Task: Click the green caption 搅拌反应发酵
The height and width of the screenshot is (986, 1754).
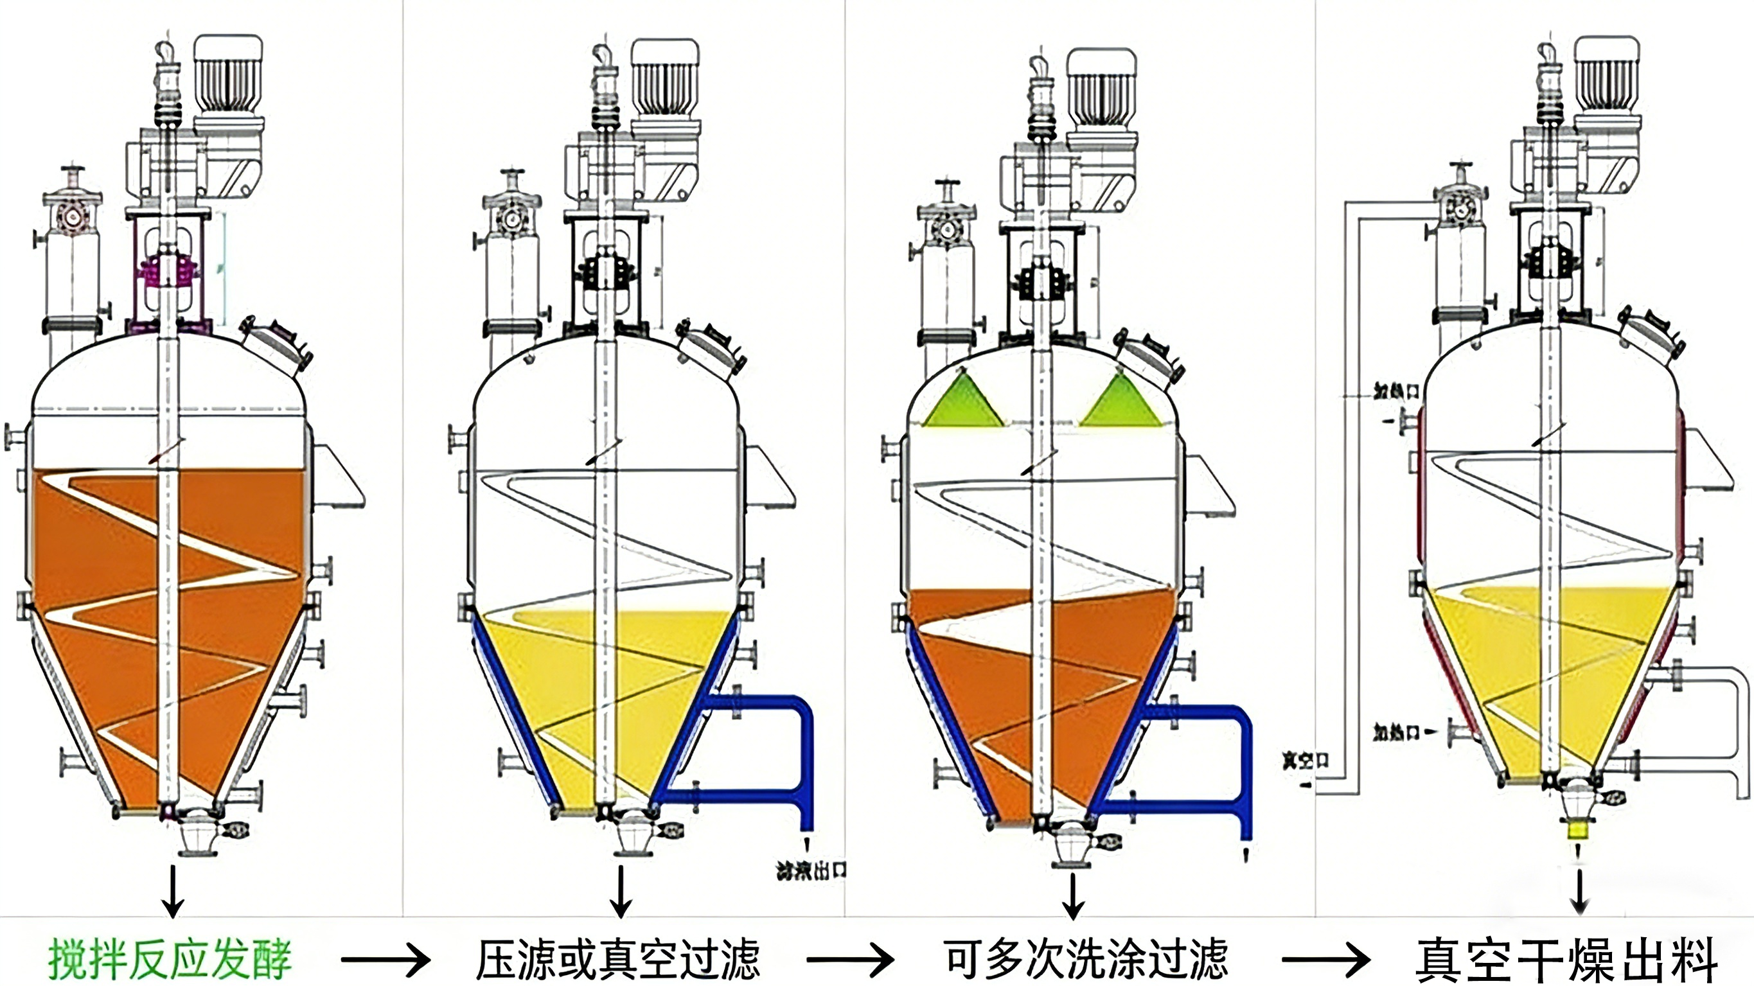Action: coord(170,960)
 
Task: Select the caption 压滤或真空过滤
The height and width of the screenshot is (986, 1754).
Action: coord(617,960)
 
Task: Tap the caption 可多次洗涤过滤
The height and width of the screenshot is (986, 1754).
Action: coord(1086,960)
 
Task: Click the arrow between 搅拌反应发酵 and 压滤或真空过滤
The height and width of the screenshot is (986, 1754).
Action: coord(385,960)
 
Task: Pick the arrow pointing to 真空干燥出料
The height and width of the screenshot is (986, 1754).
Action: coord(1325,960)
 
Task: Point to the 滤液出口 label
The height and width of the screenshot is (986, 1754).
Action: coord(811,870)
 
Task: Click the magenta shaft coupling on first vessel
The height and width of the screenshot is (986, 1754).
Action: coord(167,272)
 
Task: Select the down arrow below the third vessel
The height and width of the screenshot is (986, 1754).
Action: coord(1074,895)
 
